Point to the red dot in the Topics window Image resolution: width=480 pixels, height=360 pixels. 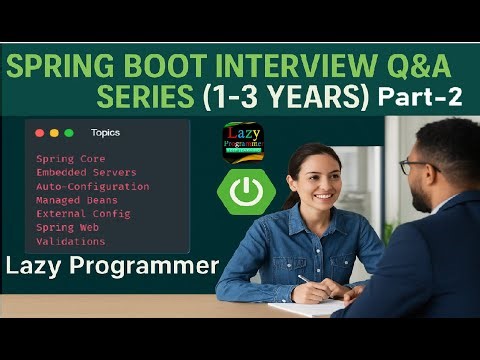40,132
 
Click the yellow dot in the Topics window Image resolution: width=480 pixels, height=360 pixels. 54,132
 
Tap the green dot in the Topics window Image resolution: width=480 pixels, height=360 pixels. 68,132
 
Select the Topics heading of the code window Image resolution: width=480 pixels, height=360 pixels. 105,132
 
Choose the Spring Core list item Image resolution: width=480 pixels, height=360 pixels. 70,159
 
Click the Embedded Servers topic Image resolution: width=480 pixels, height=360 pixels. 84,173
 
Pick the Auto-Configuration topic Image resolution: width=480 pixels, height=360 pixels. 92,186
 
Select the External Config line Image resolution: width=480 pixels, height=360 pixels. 83,214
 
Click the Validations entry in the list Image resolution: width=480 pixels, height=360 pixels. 70,241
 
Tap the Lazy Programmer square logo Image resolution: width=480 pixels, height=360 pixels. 242,142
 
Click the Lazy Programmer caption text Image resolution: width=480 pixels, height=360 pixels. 112,267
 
